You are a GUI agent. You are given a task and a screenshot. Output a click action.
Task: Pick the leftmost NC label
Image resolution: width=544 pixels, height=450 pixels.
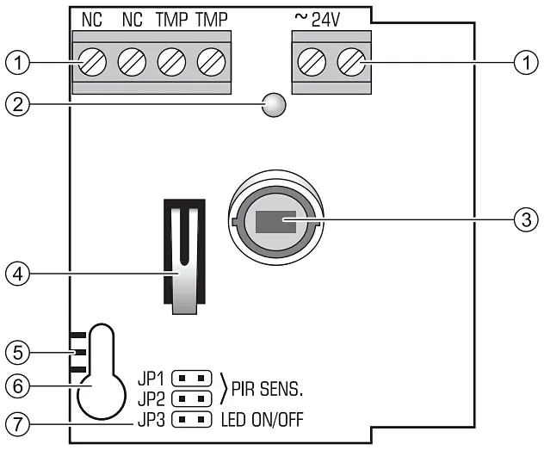92,19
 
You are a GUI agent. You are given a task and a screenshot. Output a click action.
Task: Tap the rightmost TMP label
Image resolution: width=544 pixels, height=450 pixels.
210,19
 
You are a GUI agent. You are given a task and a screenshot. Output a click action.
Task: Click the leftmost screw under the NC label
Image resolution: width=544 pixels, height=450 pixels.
92,62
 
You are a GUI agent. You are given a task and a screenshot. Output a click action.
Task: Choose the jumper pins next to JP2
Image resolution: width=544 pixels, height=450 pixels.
192,398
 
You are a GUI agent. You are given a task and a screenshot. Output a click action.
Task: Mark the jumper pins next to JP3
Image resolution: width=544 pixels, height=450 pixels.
192,421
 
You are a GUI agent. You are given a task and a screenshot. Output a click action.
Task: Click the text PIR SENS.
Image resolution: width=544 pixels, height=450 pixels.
269,389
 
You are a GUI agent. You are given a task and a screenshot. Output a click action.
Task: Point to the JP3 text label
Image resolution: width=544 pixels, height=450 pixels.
151,421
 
